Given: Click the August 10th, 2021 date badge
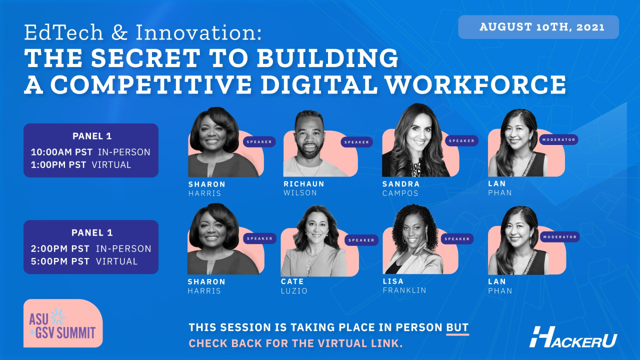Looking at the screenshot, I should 538,27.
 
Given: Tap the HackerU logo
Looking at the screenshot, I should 573,337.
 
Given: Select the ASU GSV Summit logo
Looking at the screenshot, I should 62,324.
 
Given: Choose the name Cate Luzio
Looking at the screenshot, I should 294,286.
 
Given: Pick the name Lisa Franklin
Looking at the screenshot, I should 404,285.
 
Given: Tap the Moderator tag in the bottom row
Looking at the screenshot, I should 559,237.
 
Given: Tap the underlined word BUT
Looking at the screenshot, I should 457,328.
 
